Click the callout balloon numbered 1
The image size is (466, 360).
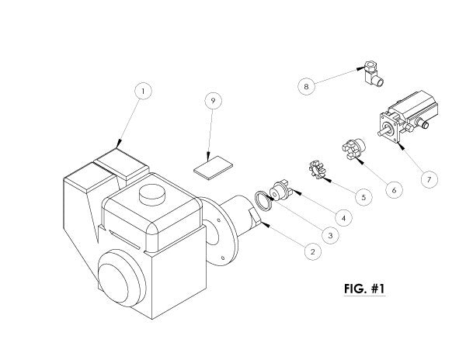[x=143, y=91]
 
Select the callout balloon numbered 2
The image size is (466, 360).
[x=313, y=251]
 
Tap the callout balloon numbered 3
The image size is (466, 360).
[x=330, y=236]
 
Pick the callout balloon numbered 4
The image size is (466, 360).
[x=343, y=218]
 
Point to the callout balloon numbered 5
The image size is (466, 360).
[x=363, y=197]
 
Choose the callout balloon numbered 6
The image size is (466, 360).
[x=394, y=190]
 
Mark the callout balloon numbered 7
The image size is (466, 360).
[x=429, y=179]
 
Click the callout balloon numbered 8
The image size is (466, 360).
[x=307, y=86]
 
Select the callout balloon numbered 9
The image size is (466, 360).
[x=213, y=100]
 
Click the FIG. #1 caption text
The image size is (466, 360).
[x=364, y=289]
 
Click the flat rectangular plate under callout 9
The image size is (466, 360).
[x=213, y=168]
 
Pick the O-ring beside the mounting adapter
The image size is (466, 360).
[x=263, y=201]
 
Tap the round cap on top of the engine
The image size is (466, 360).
[x=152, y=195]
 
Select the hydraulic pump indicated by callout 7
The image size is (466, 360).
[x=408, y=116]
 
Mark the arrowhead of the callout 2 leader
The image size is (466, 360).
[x=265, y=225]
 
